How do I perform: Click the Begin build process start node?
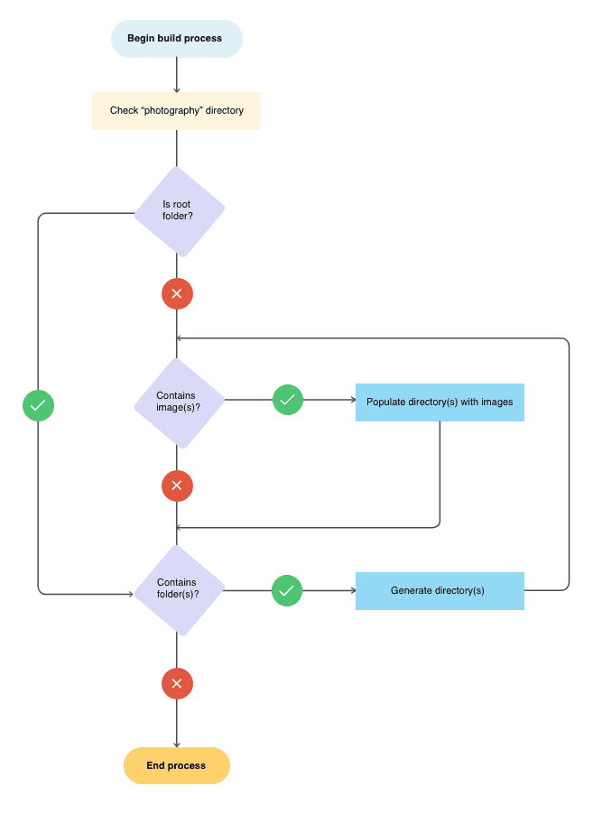point(176,39)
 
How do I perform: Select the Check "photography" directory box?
point(176,111)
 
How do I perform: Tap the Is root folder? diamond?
point(178,211)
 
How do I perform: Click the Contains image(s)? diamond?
point(178,402)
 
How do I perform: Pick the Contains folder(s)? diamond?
point(178,588)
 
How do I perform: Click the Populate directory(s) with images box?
point(440,402)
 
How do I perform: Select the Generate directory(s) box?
point(440,591)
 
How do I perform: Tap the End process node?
point(177,766)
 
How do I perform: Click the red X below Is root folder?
point(177,293)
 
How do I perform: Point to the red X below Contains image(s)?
point(177,486)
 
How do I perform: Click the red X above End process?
point(177,684)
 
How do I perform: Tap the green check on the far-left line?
point(38,406)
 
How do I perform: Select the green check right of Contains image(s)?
point(288,399)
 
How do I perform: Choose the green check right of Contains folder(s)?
point(287,591)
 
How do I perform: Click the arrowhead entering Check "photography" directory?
point(177,88)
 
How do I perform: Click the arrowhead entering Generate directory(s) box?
point(351,591)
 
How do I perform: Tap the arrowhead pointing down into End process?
point(177,744)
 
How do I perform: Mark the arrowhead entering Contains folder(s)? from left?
point(130,594)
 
